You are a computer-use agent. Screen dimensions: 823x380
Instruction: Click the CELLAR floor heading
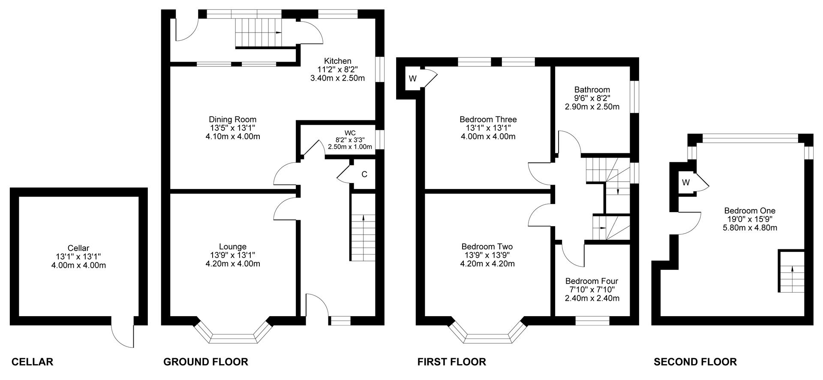pyautogui.click(x=32, y=362)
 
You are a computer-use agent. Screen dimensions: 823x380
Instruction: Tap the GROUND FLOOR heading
pyautogui.click(x=206, y=362)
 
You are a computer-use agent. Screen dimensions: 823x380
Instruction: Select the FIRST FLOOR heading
pyautogui.click(x=452, y=362)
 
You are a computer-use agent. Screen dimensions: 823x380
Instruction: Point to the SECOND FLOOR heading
pyautogui.click(x=695, y=362)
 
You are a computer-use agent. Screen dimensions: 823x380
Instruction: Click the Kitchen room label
pyautogui.click(x=337, y=61)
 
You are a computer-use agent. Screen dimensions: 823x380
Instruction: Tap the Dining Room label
pyautogui.click(x=233, y=120)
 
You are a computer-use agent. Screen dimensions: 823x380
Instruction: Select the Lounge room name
pyautogui.click(x=233, y=247)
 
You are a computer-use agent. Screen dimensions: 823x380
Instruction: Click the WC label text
pyautogui.click(x=350, y=132)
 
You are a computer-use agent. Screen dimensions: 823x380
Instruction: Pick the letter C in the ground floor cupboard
pyautogui.click(x=364, y=174)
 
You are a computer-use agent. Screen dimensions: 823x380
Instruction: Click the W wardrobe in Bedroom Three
pyautogui.click(x=413, y=79)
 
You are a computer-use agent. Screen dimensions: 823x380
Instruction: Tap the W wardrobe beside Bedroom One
pyautogui.click(x=686, y=183)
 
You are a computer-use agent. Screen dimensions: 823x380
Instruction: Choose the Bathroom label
pyautogui.click(x=592, y=90)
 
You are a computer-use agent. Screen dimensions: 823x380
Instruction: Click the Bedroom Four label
pyautogui.click(x=592, y=281)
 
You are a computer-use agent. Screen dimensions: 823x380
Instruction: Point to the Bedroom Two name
pyautogui.click(x=487, y=247)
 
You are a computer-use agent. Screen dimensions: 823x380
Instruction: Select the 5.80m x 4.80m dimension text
pyautogui.click(x=750, y=228)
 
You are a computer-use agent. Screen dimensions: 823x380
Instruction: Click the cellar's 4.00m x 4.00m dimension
pyautogui.click(x=78, y=265)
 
